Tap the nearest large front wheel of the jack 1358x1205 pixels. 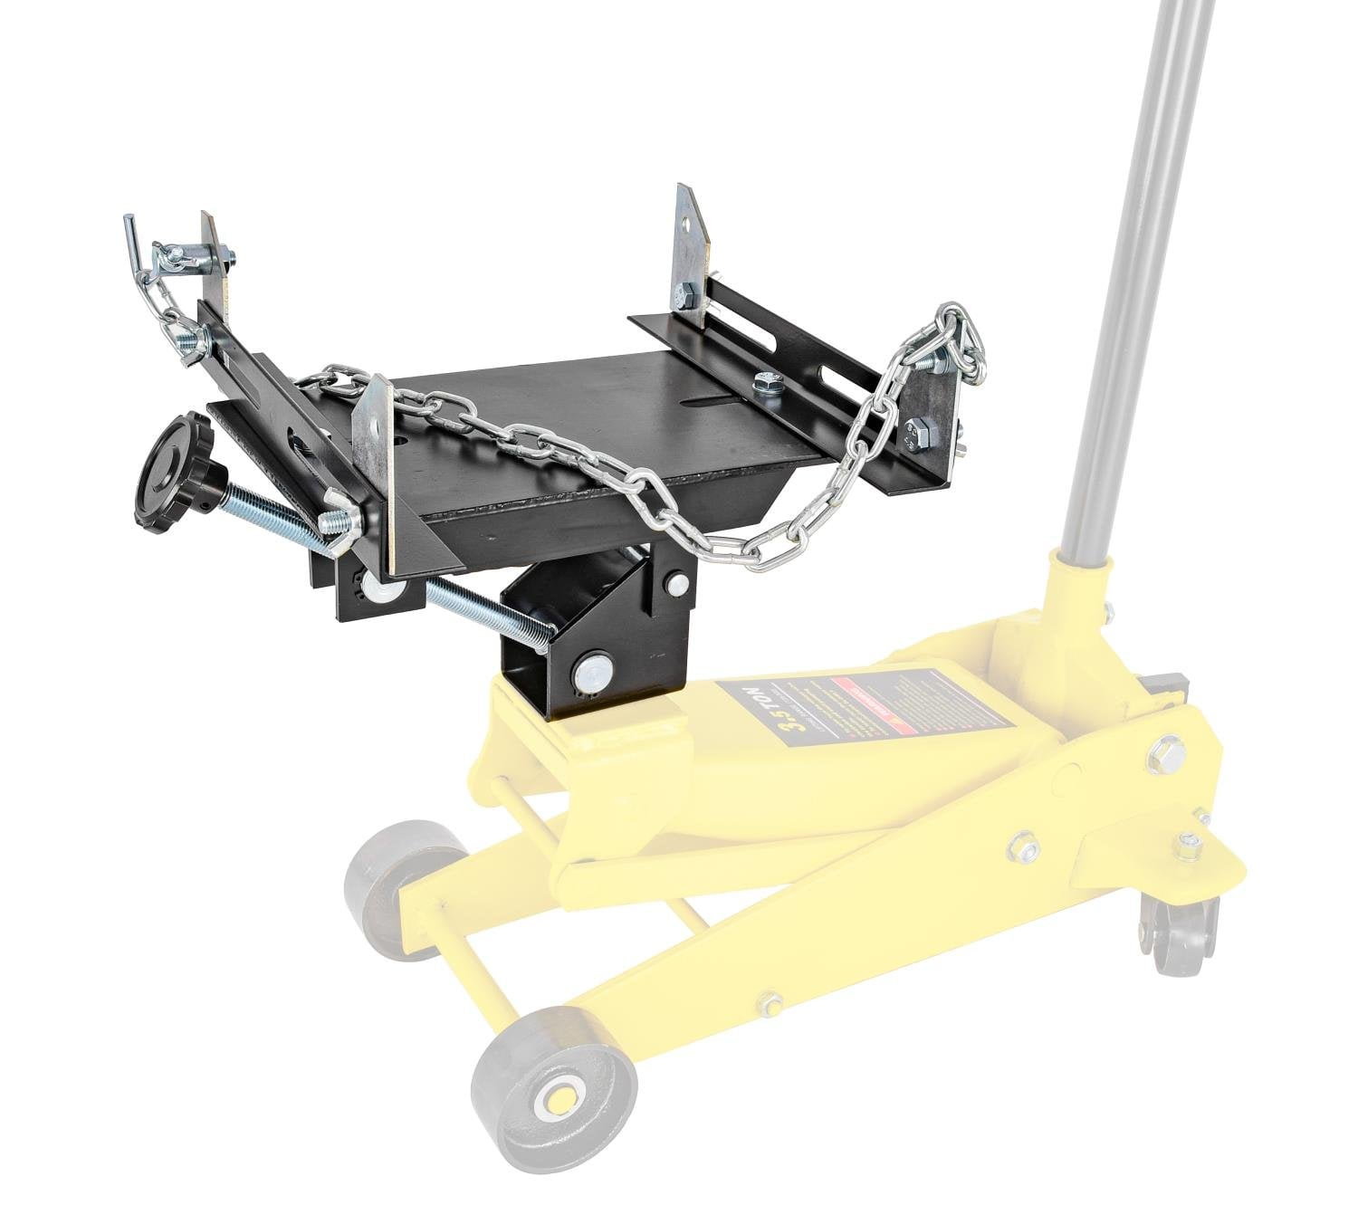tap(554, 1092)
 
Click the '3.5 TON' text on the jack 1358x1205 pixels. tap(759, 716)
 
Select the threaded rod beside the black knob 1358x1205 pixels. tap(272, 516)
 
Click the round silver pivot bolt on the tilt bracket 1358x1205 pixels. tap(592, 672)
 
